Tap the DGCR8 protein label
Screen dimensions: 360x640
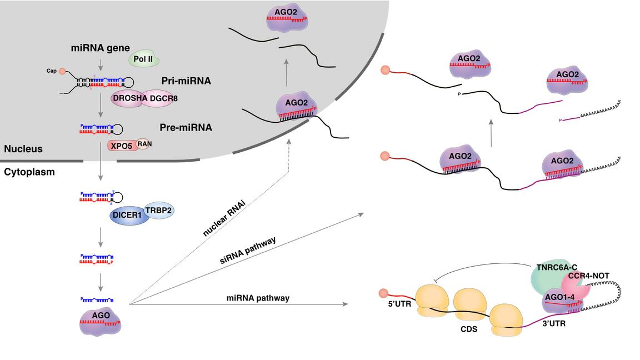pos(163,98)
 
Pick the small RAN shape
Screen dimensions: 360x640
pos(144,143)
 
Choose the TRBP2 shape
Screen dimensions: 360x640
pos(159,209)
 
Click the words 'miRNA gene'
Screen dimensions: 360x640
pos(100,48)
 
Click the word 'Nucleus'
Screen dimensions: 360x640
pos(23,149)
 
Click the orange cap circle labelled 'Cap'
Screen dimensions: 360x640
pos(62,71)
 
